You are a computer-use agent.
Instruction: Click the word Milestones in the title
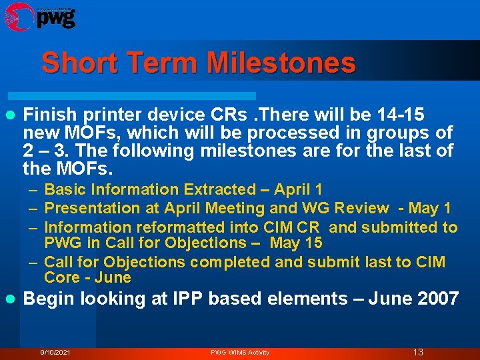click(x=281, y=63)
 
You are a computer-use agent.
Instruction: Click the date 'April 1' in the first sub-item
click(x=299, y=190)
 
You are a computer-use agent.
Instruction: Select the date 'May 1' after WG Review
click(x=429, y=209)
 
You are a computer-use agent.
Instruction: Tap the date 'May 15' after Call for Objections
click(x=296, y=243)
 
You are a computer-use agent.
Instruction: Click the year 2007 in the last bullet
click(x=438, y=299)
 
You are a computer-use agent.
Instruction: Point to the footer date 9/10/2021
click(x=55, y=352)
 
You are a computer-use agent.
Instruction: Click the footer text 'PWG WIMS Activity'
click(x=240, y=352)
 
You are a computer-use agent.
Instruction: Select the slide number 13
click(x=418, y=352)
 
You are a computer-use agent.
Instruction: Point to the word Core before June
click(x=61, y=277)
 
